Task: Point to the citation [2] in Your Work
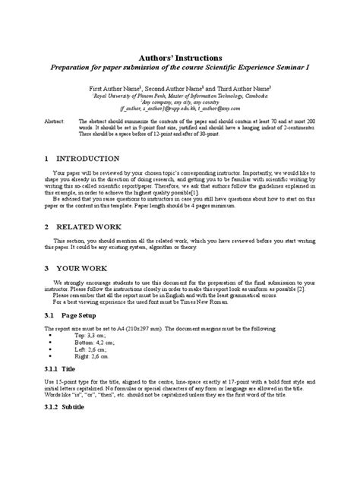pos(302,289)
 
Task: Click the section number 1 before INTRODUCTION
pos(47,159)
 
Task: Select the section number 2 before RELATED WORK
pos(47,227)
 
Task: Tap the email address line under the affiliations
pos(179,109)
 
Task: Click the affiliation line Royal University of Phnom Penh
pos(179,97)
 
